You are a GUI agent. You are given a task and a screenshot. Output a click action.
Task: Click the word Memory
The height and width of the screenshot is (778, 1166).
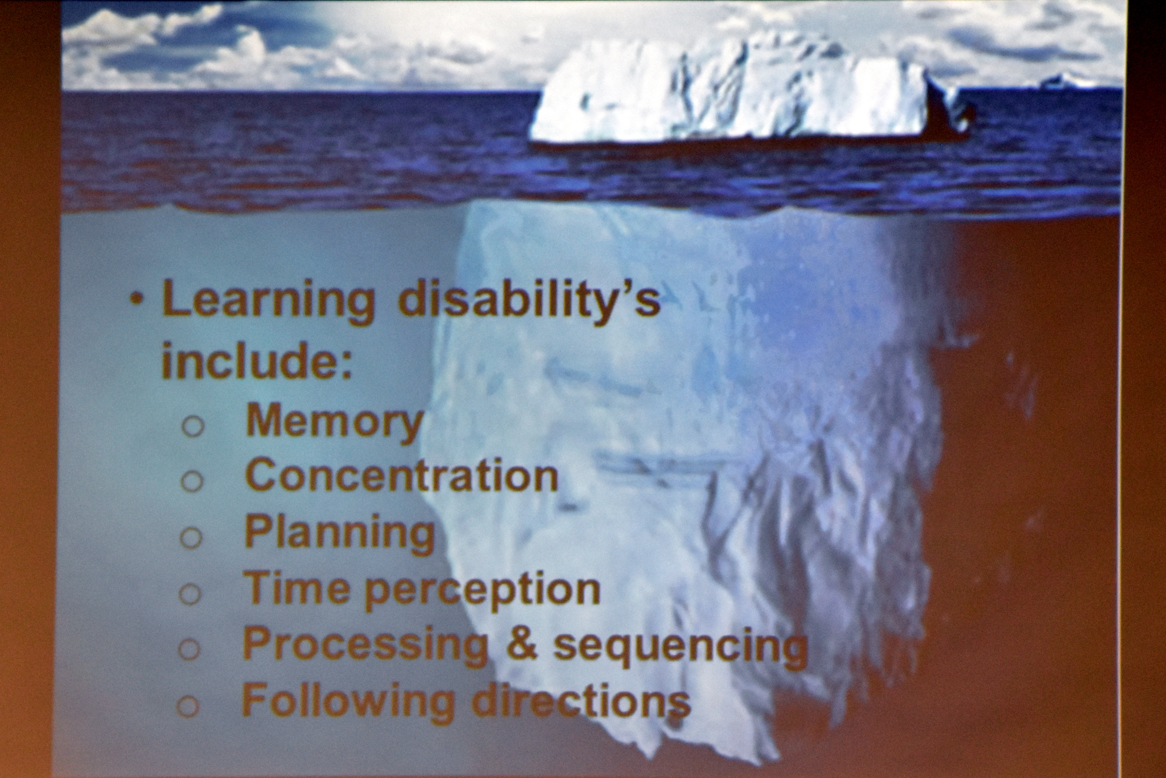click(334, 422)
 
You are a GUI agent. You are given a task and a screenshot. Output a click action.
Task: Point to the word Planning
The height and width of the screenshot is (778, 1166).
click(339, 534)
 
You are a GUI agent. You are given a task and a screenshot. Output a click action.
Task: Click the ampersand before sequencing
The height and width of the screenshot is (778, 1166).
click(521, 644)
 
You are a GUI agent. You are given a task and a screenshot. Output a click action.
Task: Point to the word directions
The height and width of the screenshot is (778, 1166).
click(581, 701)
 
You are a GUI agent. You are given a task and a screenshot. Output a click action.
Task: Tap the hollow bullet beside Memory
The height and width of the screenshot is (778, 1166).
click(193, 426)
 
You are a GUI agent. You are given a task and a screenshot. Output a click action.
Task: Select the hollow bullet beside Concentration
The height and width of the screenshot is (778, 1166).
click(192, 481)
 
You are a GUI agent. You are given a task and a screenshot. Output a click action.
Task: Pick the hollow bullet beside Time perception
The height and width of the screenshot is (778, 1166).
click(190, 593)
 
